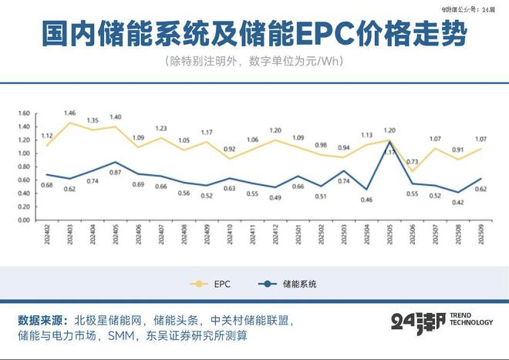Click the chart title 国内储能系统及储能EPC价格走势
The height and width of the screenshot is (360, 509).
coord(254,35)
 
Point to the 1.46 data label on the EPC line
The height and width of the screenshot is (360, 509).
coord(70,113)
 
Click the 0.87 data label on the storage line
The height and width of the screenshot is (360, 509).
coord(116,171)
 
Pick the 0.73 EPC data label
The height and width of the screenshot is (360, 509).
coord(412,162)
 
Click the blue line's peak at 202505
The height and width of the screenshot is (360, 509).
coord(390,142)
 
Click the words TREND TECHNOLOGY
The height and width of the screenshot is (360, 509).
coord(471,321)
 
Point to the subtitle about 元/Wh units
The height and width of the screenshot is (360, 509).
coord(254,62)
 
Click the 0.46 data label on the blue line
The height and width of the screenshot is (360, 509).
coord(366,200)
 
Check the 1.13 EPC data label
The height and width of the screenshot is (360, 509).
coord(366,135)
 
